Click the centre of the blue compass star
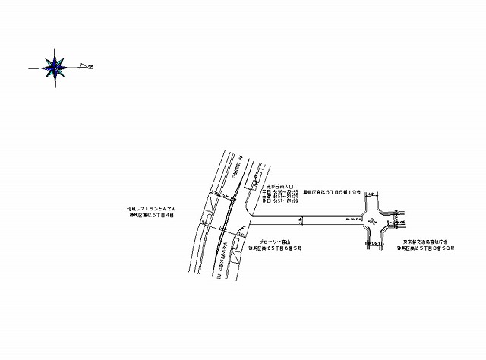tap(55, 68)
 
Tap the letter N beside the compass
tap(90, 68)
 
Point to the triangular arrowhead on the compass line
tap(82, 68)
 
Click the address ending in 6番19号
tap(333, 193)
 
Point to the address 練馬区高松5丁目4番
tap(152, 215)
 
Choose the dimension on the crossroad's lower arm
tap(374, 245)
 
